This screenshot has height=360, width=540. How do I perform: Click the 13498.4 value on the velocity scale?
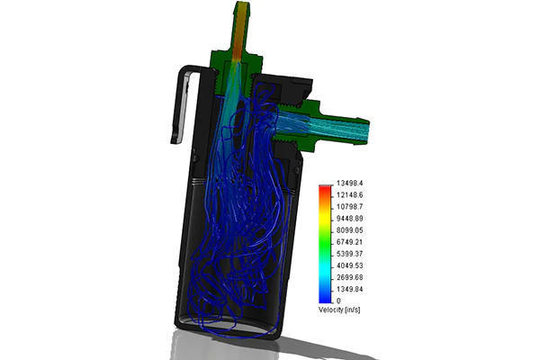point(349,183)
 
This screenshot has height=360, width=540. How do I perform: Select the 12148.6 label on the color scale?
point(349,195)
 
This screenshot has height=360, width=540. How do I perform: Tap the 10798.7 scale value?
point(349,207)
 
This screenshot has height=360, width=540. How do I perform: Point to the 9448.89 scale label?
point(349,219)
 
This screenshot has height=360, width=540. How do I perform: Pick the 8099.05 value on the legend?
point(349,230)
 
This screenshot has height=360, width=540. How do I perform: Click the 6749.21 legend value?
point(349,242)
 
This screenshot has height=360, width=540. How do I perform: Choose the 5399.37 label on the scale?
point(349,254)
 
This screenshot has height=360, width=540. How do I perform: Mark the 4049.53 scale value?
point(349,265)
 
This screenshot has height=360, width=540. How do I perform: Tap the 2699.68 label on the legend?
point(349,277)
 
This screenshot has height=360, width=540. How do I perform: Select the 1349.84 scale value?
point(349,289)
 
